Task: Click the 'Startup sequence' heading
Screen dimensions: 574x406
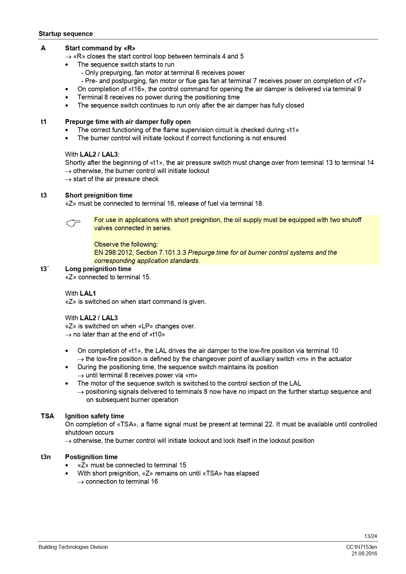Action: coord(65,34)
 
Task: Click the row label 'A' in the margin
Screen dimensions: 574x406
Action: coord(43,48)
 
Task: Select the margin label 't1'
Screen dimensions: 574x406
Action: coord(44,122)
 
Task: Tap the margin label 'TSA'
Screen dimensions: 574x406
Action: coord(47,416)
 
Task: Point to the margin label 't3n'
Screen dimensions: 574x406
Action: coord(46,457)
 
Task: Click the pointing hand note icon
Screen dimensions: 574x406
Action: coord(73,223)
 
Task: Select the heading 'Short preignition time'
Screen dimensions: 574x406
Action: coord(99,196)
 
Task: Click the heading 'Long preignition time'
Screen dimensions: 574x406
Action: coord(98,269)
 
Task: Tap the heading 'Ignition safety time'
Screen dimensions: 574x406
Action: coord(95,416)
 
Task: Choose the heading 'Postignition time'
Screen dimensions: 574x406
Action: coord(91,457)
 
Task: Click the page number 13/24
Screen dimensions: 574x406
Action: coord(370,536)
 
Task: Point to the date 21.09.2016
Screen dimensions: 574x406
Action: coord(364,554)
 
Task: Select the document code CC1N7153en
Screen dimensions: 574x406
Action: coord(361,547)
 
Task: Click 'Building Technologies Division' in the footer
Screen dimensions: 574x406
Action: coord(73,547)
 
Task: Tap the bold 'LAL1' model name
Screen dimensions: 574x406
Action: coord(88,294)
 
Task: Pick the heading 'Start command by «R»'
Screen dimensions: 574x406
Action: coord(100,48)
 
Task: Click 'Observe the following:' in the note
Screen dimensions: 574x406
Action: coord(126,245)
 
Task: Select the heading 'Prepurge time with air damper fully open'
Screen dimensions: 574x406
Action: coord(128,122)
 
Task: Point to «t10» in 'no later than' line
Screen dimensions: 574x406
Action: coord(157,335)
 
